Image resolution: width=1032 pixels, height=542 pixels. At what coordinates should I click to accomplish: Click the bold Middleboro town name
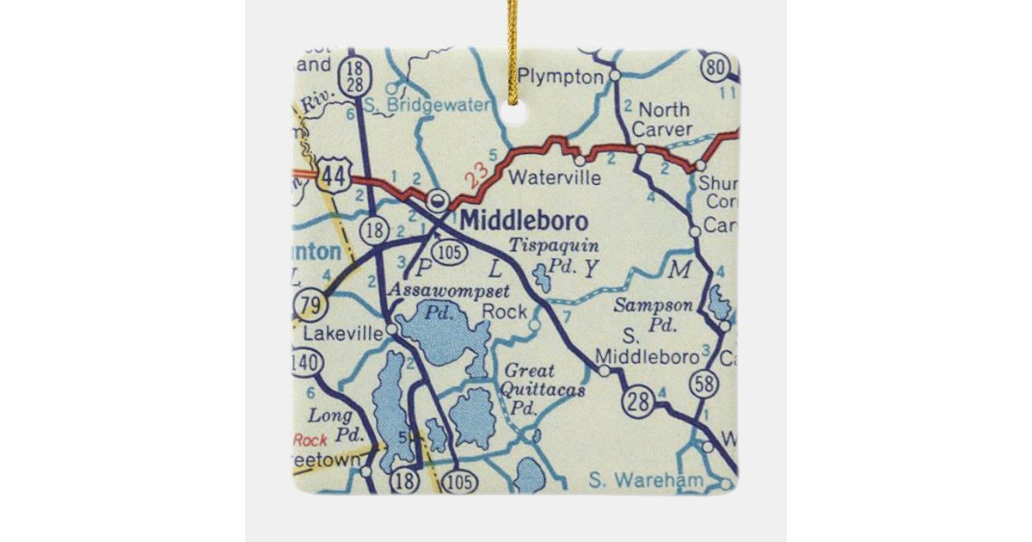click(524, 220)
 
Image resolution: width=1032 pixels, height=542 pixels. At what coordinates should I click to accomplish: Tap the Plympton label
click(562, 77)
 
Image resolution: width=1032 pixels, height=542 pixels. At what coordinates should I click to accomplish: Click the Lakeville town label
click(342, 332)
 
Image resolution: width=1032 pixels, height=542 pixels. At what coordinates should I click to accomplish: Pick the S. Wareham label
click(648, 480)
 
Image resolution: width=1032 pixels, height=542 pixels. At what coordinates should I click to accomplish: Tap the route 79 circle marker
click(308, 305)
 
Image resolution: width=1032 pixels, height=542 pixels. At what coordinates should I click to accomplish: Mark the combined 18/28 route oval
click(354, 75)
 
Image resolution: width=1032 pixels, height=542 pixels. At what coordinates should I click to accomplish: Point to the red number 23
click(468, 176)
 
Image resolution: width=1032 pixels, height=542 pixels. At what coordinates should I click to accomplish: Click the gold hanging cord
click(513, 47)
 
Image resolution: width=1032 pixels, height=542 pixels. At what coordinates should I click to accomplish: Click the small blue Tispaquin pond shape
click(543, 278)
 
